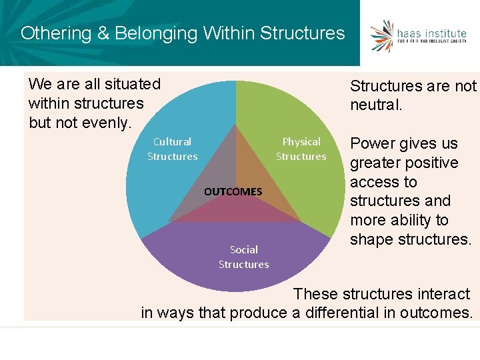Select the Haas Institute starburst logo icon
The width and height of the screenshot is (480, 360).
[383, 35]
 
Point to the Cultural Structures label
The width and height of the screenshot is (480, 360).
[172, 149]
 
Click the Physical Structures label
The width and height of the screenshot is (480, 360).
[301, 149]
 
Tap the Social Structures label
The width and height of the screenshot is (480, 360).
[244, 257]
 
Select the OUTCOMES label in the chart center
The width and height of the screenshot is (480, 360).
[233, 191]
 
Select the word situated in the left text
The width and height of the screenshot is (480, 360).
[131, 84]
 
